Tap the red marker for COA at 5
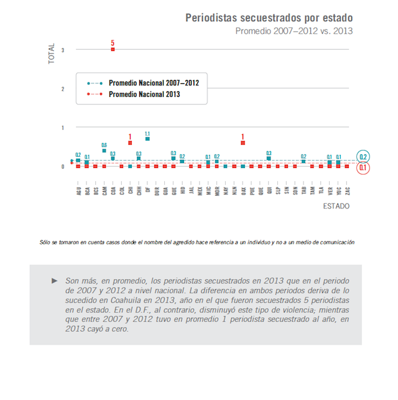point(113,49)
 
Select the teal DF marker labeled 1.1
point(147,139)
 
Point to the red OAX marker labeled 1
point(243,143)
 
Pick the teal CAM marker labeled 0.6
point(104,151)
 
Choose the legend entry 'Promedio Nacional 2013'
point(144,95)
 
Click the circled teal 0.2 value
point(364,157)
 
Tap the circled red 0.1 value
point(364,167)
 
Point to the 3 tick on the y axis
point(63,50)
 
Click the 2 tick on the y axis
point(63,89)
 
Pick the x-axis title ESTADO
point(337,205)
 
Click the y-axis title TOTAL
point(52,55)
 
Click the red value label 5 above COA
point(113,42)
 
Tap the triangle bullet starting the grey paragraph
point(55,281)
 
